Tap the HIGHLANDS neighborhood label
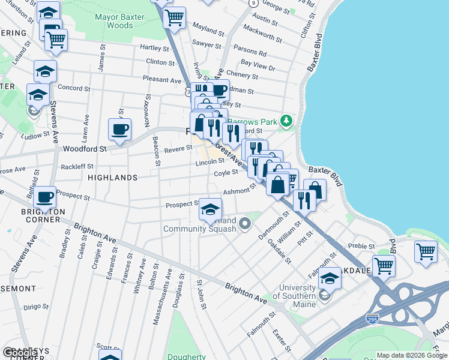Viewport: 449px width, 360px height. tap(113, 178)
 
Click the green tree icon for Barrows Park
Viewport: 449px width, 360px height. tap(287, 122)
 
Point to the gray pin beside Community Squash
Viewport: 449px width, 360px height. tap(244, 224)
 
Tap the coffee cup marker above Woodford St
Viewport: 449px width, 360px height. tap(119, 129)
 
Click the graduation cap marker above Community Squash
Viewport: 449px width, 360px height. tap(209, 209)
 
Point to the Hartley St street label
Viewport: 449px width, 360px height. tap(154, 47)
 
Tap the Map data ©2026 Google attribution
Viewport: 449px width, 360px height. tap(412, 355)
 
